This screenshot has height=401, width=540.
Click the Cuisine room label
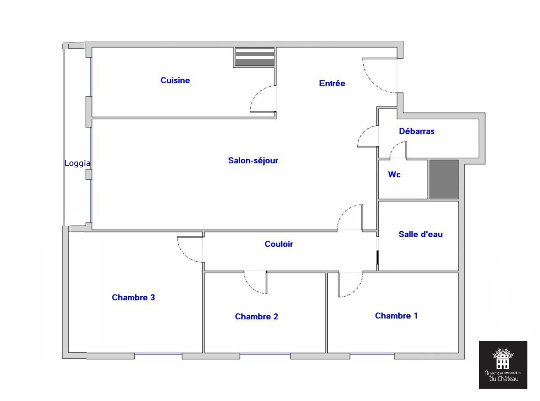pyautogui.click(x=175, y=80)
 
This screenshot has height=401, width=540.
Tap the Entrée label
pyautogui.click(x=332, y=84)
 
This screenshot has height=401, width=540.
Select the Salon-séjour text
pyautogui.click(x=253, y=160)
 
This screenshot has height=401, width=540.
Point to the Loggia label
pyautogui.click(x=77, y=163)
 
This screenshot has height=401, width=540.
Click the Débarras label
pyautogui.click(x=417, y=131)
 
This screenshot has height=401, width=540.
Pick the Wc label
pyautogui.click(x=394, y=175)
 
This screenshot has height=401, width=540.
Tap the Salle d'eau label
pyautogui.click(x=420, y=234)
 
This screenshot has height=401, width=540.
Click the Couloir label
pyautogui.click(x=279, y=244)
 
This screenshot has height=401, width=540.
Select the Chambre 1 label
pyautogui.click(x=396, y=316)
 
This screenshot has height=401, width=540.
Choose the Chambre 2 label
pyautogui.click(x=256, y=317)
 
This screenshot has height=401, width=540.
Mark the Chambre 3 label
pyautogui.click(x=133, y=297)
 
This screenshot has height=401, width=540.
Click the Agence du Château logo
pyautogui.click(x=503, y=365)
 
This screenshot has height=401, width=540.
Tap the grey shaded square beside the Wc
pyautogui.click(x=444, y=179)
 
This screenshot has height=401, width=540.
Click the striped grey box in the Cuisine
pyautogui.click(x=255, y=57)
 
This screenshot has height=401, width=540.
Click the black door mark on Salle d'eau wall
pyautogui.click(x=377, y=257)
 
